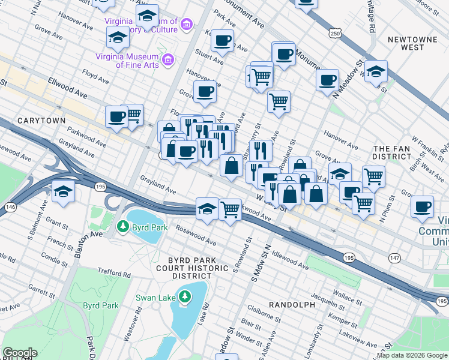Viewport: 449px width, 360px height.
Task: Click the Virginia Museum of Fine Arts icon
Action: pos(168,60)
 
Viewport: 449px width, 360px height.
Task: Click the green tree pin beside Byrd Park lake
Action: pos(123,227)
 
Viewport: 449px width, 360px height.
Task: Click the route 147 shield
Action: pos(394,257)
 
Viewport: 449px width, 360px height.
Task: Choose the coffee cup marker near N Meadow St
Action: pos(328,80)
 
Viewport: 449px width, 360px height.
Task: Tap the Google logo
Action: pos(20,353)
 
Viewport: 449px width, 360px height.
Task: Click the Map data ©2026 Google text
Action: pos(412,355)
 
